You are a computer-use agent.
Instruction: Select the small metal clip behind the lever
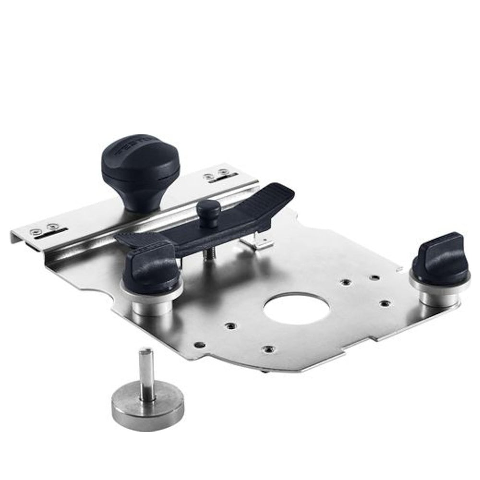tap(259, 242)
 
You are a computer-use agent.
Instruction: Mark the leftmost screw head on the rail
tap(34, 232)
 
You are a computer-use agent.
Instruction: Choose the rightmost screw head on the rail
tap(222, 172)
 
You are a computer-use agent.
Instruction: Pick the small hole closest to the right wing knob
tap(384, 303)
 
